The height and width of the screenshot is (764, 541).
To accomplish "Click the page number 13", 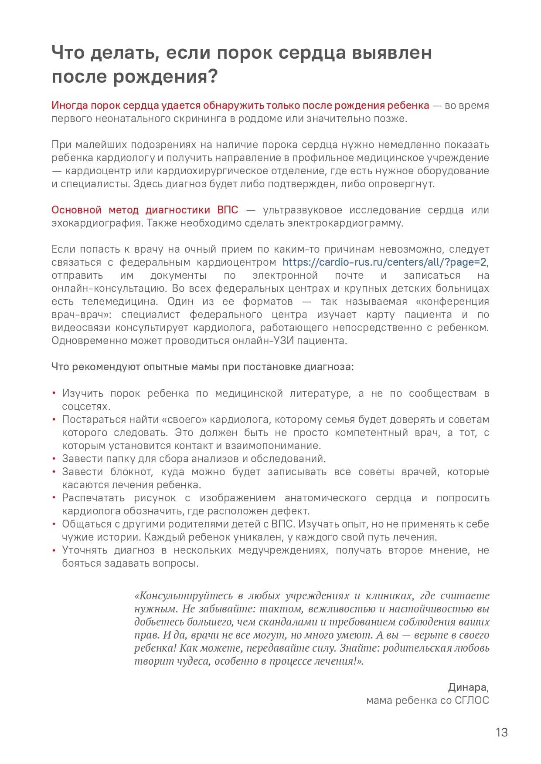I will [501, 732].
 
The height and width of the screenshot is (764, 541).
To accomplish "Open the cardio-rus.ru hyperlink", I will [384, 262].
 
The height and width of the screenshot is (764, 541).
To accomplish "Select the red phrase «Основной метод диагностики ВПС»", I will [145, 210].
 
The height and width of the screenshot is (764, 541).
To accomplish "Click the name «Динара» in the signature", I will [467, 687].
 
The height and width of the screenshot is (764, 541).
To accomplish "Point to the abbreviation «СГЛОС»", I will [472, 700].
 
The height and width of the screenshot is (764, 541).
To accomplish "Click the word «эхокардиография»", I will [96, 223].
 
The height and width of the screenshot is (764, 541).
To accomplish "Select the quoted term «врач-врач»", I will [81, 314].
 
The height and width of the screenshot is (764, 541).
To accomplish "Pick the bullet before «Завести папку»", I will [54, 459].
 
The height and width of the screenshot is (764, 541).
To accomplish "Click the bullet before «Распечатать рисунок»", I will [54, 498].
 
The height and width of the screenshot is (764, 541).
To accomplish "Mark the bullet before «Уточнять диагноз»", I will [54, 550].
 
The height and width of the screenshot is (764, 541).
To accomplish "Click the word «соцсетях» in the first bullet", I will [85, 406].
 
